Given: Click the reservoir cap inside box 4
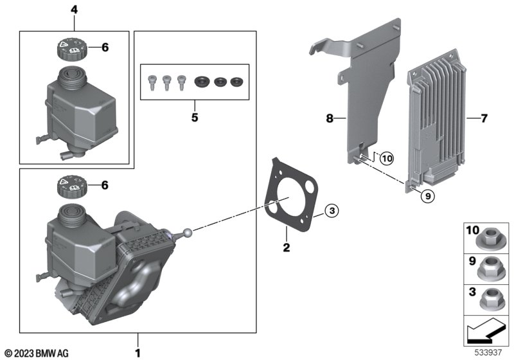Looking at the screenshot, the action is pos(72,49).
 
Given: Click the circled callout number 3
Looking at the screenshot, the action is pos(332,210).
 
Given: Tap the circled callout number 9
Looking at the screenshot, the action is pos(427,196).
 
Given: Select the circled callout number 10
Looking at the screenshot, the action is pos(387,159).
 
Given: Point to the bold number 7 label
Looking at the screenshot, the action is pos(484,118).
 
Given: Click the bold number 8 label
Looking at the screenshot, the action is pos(330,118).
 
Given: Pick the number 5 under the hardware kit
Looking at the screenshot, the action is pos(195,117).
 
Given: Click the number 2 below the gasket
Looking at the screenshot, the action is pos(287,248).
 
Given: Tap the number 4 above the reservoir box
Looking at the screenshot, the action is pos(75,10).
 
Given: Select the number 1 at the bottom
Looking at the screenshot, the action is pos(137,353).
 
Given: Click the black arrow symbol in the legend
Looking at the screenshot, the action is pos(486,331).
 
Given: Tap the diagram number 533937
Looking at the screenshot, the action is pos(488,352).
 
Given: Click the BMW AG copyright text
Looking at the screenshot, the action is pos(37,353).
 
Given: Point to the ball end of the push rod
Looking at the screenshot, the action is pos(188,233).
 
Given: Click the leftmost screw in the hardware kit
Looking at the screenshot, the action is pos(152,83).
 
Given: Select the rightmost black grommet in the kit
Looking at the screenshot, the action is pos(236,82).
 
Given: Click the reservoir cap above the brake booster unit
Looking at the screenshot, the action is pos(72,186).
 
